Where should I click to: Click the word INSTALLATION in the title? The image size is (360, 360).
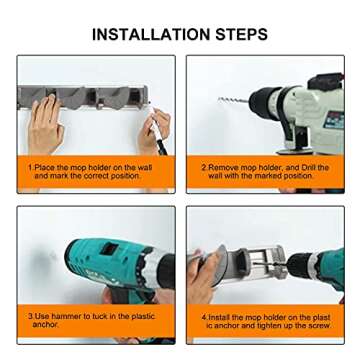click(151, 34)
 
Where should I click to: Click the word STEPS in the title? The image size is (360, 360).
click(242, 34)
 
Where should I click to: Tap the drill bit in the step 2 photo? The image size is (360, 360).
click(233, 100)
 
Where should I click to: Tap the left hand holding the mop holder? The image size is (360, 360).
click(45, 125)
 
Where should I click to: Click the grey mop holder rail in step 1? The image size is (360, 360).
click(83, 97)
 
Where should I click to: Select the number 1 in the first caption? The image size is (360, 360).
click(30, 168)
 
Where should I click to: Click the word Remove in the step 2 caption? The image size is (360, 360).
click(223, 168)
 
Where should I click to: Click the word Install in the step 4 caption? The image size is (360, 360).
click(219, 317)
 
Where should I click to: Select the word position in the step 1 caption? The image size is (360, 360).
click(125, 176)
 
